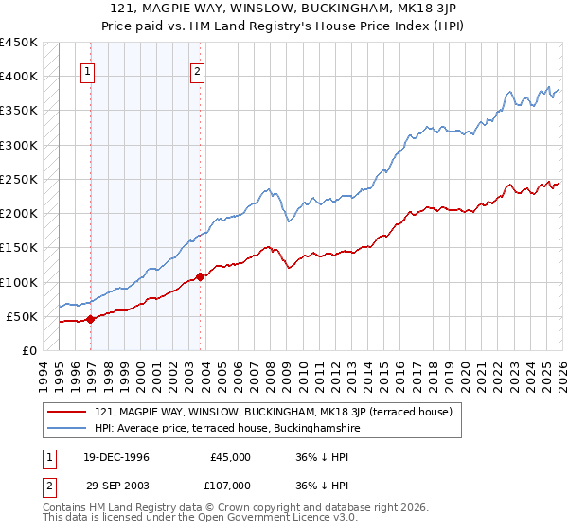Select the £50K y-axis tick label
[23, 316]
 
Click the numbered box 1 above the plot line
[88, 70]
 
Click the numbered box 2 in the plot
[198, 70]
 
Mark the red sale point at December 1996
[91, 320]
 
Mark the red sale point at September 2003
[200, 277]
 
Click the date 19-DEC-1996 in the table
[116, 457]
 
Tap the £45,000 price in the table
[231, 457]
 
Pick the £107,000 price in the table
[231, 485]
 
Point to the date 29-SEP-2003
[116, 485]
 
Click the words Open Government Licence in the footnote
[255, 518]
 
